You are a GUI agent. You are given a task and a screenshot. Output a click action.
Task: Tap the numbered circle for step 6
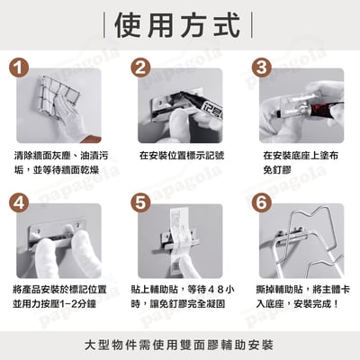pyautogui.click(x=261, y=204)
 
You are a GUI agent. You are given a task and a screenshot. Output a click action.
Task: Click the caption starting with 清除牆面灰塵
pyautogui.click(x=56, y=163)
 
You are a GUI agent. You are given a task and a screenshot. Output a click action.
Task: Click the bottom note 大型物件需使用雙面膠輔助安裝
pyautogui.click(x=180, y=344)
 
